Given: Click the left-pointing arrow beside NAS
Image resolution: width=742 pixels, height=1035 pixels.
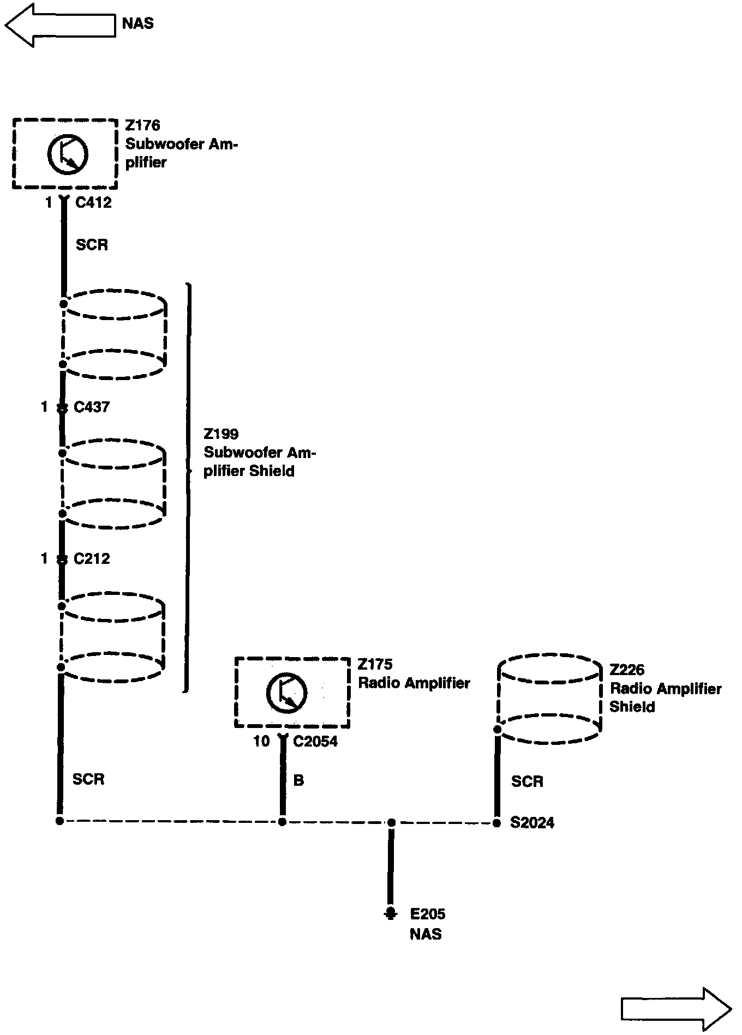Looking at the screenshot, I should (60, 25).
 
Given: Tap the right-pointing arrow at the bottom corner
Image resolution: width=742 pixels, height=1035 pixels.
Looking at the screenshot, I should (675, 1009).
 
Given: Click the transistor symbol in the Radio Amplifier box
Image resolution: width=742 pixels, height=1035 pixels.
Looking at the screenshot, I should (286, 693).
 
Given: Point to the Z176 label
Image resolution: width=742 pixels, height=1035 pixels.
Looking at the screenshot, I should (142, 125).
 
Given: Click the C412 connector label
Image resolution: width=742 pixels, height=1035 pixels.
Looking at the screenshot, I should (93, 203).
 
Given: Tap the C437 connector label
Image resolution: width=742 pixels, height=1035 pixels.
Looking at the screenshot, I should (92, 407).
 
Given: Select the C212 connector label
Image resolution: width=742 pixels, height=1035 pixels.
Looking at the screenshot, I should (92, 558).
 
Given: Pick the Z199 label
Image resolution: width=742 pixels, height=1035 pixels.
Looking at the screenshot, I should (221, 434).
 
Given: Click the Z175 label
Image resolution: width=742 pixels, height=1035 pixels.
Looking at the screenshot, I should (375, 664).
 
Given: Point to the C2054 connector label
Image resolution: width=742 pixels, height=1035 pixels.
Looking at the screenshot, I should (315, 742).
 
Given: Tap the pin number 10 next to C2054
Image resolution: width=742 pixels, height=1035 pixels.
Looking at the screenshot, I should (261, 742).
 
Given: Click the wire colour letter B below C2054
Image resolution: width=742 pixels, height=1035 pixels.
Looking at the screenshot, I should (298, 780).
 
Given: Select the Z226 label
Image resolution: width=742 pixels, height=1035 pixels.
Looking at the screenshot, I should (627, 670).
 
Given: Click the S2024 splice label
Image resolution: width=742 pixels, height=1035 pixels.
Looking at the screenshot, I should (532, 822).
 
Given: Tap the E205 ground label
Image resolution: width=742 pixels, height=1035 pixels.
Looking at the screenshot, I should (428, 914).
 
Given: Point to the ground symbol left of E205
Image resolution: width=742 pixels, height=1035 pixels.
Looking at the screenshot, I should (390, 914).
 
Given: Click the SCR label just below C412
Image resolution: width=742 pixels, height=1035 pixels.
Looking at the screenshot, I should (92, 245).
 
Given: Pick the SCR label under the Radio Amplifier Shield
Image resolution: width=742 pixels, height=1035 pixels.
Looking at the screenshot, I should (527, 781).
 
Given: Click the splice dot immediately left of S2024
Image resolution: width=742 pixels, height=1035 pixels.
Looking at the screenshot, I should (496, 823).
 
